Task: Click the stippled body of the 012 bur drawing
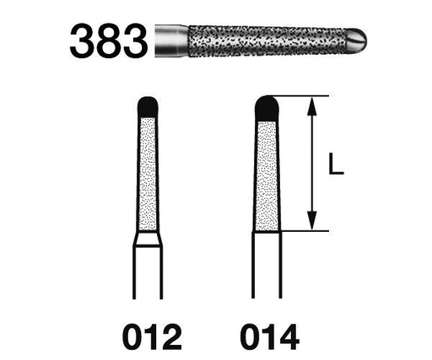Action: pos(148,173)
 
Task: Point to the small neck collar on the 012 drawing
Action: pos(148,239)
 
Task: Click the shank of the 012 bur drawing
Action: pos(148,274)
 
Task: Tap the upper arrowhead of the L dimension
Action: pos(314,105)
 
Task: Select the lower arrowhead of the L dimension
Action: pos(314,223)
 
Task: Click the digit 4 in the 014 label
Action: pos(288,337)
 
